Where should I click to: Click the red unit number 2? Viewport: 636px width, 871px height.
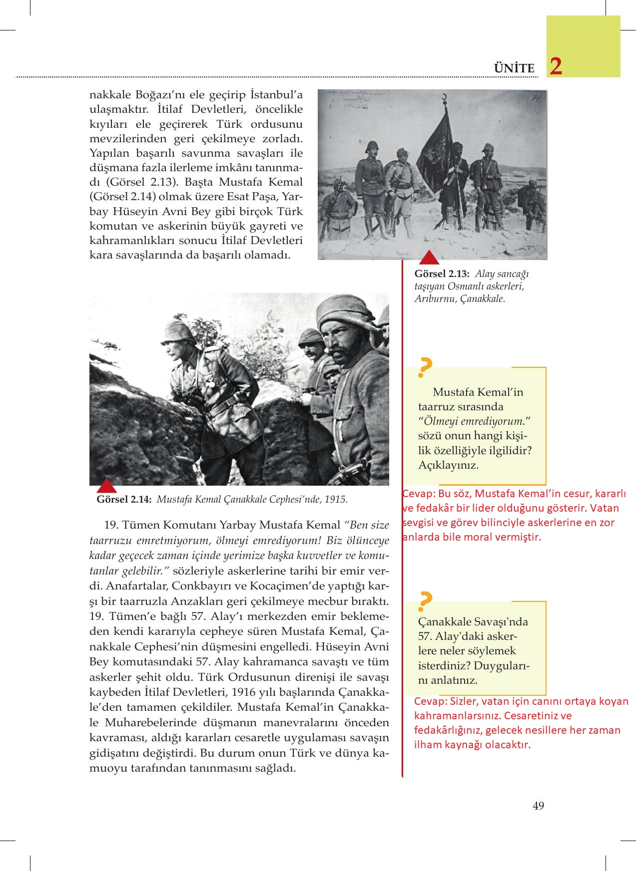coord(556,66)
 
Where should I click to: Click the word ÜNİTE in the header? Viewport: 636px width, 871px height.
coord(514,68)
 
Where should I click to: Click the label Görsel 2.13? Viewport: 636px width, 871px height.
coord(442,274)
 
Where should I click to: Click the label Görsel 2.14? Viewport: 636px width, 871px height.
coord(124,499)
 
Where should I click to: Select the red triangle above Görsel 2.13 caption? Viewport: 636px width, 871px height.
coord(429,258)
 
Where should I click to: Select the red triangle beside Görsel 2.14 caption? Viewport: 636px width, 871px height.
coord(105,486)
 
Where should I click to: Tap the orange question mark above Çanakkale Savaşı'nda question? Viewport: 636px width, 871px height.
coord(425,602)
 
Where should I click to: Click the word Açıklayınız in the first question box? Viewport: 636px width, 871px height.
coord(448,465)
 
